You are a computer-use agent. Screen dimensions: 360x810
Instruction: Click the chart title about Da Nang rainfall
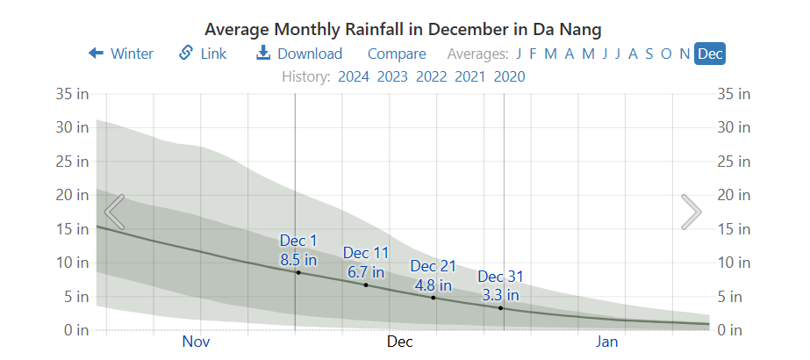404,28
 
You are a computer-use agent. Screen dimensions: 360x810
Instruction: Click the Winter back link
121,54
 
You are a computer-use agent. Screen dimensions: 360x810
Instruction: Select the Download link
299,54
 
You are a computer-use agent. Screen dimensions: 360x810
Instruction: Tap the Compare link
397,54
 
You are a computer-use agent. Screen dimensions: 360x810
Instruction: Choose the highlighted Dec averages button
710,54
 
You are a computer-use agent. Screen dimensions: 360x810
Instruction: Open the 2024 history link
354,76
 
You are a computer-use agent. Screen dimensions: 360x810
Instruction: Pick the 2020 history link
509,76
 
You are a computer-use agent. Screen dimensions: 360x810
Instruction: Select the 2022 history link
432,76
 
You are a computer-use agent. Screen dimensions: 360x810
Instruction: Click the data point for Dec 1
298,272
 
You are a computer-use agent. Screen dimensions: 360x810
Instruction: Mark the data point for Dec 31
501,308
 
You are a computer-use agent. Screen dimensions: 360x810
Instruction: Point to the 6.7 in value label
366,272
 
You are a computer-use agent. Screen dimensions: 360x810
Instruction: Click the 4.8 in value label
434,284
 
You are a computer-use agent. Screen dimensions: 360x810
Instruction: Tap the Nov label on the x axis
197,342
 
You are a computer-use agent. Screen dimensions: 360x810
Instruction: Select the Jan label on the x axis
607,342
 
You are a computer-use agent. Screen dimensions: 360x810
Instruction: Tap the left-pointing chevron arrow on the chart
115,212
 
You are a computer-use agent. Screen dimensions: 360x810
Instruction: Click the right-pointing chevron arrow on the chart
692,212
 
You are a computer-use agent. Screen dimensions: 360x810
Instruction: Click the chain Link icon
186,53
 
